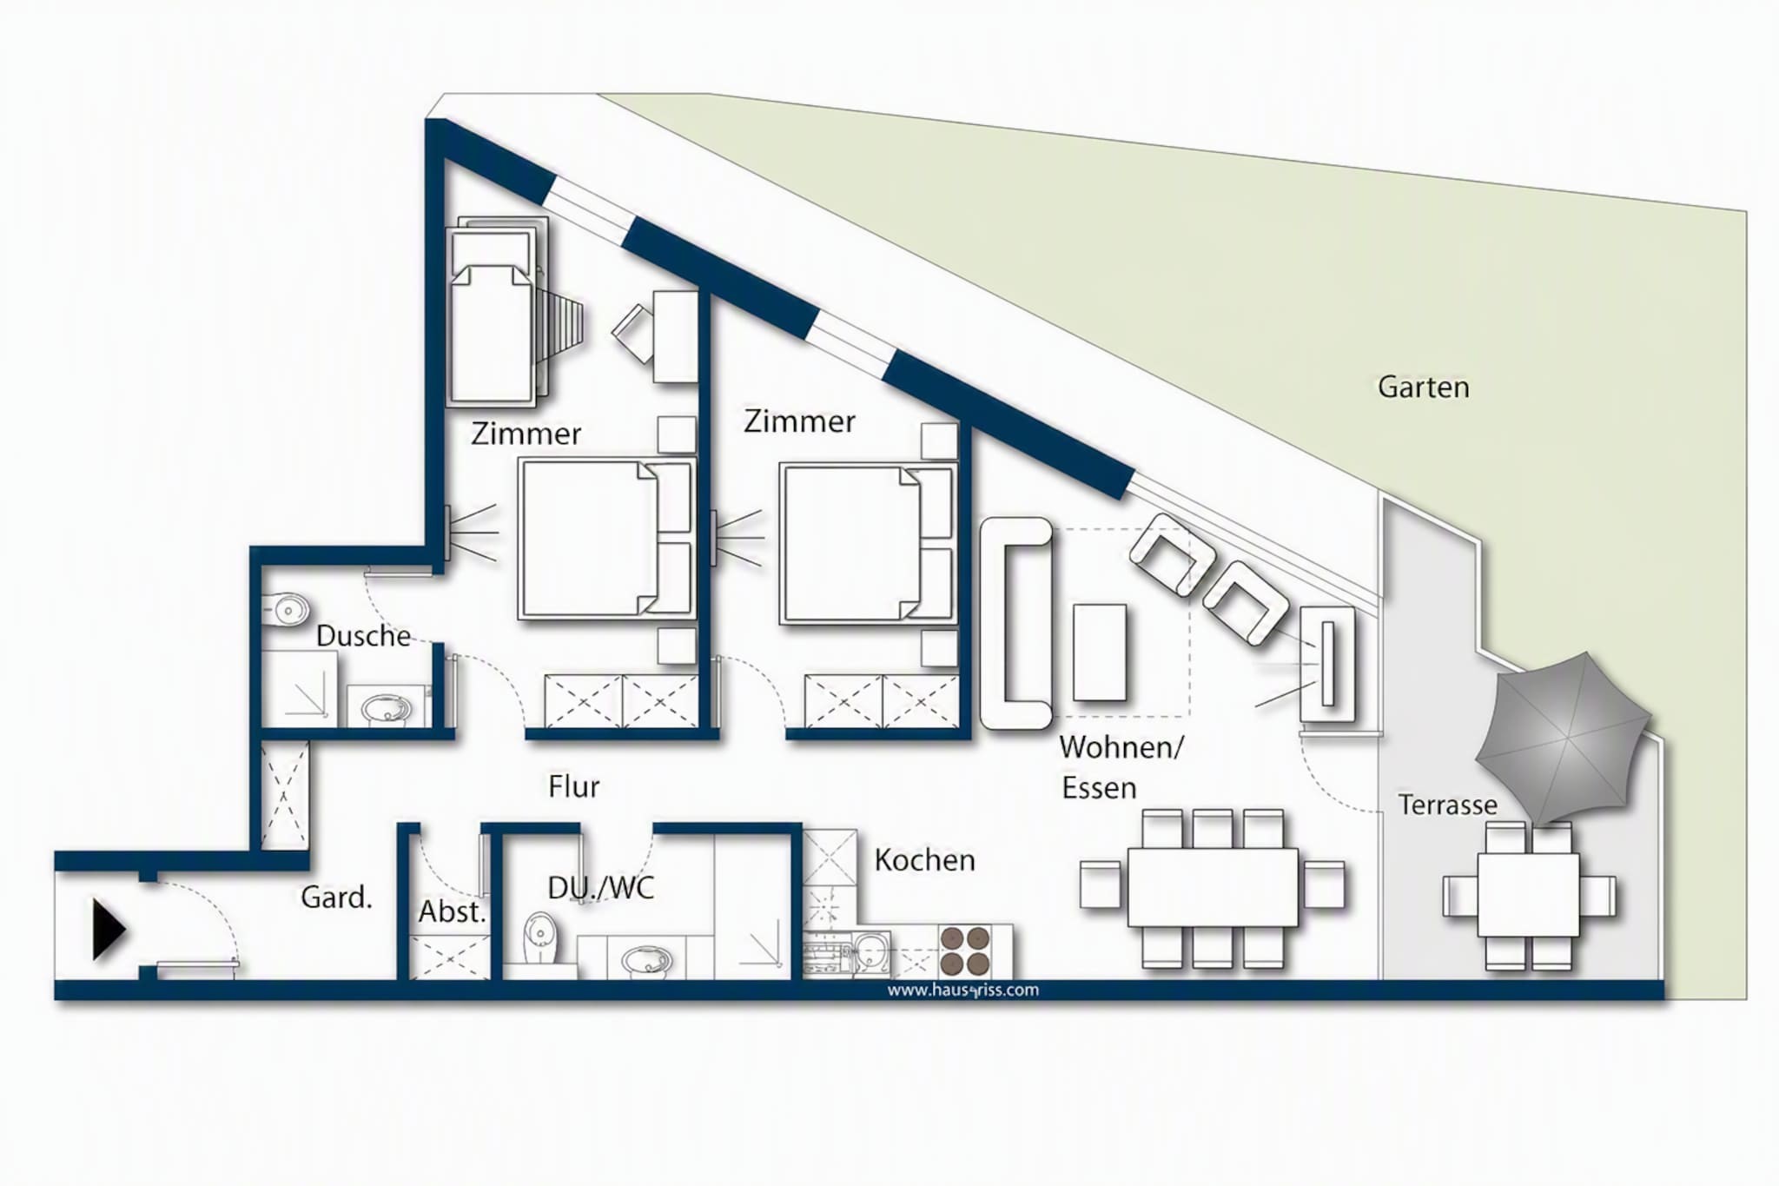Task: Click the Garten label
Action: coord(1423,388)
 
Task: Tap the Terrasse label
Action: coord(1447,805)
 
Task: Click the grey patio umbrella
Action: coord(1563,739)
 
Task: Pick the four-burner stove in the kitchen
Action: coord(965,951)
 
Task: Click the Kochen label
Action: coord(924,860)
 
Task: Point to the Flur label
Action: coord(573,787)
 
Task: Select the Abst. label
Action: coord(452,912)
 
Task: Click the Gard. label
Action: coord(336,898)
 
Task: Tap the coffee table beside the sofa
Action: coord(1100,653)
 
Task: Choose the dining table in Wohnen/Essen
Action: coord(1213,887)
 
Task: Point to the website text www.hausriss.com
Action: coord(962,990)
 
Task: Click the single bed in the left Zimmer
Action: coord(492,313)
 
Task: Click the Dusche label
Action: coord(363,636)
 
